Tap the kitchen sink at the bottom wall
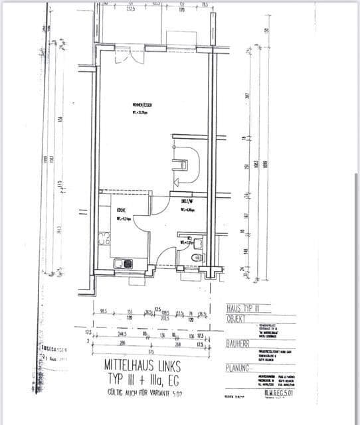click(x=123, y=264)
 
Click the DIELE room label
click(x=187, y=201)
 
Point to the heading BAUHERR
click(x=238, y=345)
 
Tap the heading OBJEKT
click(x=238, y=319)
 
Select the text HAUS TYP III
click(x=240, y=309)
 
